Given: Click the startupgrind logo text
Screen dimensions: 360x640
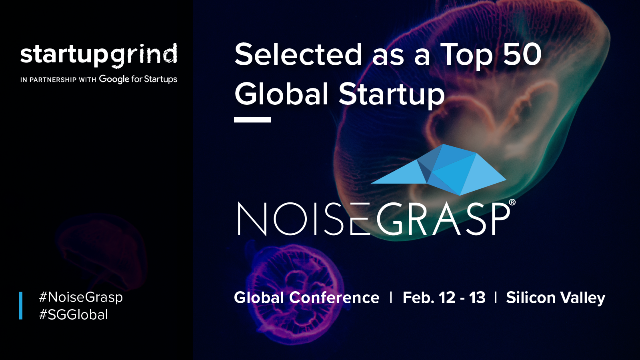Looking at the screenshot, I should click(x=98, y=55).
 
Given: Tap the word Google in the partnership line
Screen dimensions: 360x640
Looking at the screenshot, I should click(x=114, y=79).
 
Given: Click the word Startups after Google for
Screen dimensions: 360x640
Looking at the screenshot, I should click(x=160, y=79).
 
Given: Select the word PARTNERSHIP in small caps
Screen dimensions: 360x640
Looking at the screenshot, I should click(x=53, y=80).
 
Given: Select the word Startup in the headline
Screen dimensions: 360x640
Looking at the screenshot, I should click(x=392, y=95).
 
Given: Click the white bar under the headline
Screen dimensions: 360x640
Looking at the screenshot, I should click(x=252, y=120).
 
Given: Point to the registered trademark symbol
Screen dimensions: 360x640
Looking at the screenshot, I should click(x=512, y=202).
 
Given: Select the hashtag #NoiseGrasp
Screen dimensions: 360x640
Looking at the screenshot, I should click(x=81, y=297).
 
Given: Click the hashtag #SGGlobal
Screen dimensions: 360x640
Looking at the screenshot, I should click(x=74, y=315).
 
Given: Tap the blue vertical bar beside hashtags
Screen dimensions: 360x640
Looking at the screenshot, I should click(x=20, y=306).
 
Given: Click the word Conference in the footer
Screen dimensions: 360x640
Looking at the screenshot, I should click(x=334, y=298).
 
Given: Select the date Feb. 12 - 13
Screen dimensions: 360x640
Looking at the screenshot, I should click(x=444, y=298).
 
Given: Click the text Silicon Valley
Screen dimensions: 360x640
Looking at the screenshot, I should click(x=556, y=298).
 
